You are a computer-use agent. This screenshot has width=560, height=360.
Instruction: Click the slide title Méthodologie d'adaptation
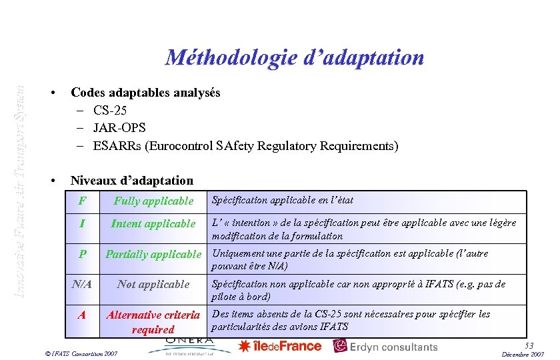[294, 57]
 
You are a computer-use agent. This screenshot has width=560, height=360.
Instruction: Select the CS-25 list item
[110, 110]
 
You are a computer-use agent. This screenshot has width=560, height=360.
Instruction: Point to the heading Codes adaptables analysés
[145, 93]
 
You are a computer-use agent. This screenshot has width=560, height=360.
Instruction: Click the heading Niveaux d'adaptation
[132, 181]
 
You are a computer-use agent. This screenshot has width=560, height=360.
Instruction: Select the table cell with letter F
[82, 201]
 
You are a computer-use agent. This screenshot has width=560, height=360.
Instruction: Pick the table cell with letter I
[82, 224]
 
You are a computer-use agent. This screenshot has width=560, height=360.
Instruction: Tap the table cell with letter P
[82, 254]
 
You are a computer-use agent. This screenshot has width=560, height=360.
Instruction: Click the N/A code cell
[82, 284]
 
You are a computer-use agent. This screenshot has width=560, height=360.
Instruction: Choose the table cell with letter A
[82, 315]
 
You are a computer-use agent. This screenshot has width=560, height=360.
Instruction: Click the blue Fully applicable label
[153, 201]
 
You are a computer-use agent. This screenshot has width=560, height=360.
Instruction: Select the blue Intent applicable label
[153, 224]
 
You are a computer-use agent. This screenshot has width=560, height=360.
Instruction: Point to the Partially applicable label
[153, 254]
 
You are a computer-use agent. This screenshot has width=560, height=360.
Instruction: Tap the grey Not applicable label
[153, 284]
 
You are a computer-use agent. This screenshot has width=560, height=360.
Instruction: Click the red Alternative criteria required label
[153, 322]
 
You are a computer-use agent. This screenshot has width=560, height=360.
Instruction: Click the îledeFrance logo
[280, 346]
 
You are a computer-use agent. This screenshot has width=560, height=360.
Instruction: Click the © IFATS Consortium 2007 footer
[79, 353]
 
